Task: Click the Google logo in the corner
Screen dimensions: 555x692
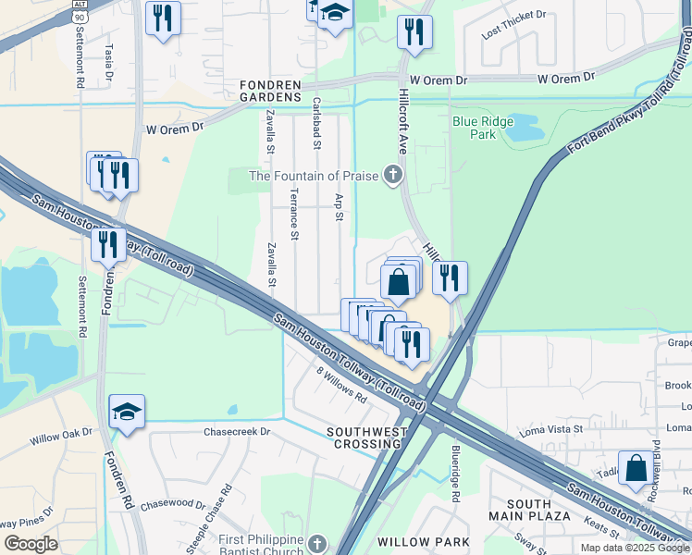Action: pos(31,544)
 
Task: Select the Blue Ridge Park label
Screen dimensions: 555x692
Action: pos(475,128)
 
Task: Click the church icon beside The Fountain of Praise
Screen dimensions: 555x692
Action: pos(393,174)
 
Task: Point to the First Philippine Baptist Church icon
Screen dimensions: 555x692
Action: pos(317,543)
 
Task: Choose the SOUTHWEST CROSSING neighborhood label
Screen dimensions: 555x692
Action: pos(367,438)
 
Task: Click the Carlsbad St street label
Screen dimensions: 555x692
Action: pos(316,123)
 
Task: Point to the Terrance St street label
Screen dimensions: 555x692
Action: pos(293,214)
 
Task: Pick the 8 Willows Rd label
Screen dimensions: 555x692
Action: pos(341,388)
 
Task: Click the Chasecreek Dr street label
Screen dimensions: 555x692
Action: pos(237,431)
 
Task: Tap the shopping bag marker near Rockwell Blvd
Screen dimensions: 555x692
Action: pos(636,469)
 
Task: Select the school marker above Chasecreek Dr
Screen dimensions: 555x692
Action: pos(127,413)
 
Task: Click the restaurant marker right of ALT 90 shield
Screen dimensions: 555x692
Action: pos(163,18)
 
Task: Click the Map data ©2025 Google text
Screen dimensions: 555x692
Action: pos(634,548)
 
